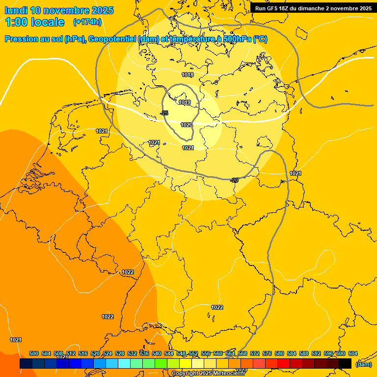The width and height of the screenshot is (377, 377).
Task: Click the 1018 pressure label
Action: pyautogui.click(x=188, y=75)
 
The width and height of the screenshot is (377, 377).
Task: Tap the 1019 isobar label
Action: pyautogui.click(x=185, y=103)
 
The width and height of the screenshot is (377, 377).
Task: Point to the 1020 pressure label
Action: pyautogui.click(x=186, y=125)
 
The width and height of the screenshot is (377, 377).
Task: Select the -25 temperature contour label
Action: pyautogui.click(x=164, y=113)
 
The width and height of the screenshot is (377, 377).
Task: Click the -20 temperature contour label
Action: pyautogui.click(x=234, y=180)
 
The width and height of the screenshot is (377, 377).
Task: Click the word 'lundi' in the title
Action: pyautogui.click(x=16, y=10)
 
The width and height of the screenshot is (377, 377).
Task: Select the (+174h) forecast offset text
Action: pyautogui.click(x=87, y=22)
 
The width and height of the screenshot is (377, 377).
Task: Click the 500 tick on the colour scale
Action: pyautogui.click(x=34, y=353)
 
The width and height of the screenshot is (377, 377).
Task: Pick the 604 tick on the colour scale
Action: pyautogui.click(x=352, y=353)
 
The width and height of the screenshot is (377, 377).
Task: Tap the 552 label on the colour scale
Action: pyautogui.click(x=193, y=353)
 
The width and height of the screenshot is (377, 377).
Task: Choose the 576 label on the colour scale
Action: pyautogui.click(x=267, y=353)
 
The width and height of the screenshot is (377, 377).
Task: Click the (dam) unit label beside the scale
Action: pyautogui.click(x=363, y=364)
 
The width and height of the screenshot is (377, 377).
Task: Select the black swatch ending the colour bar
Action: pyautogui.click(x=345, y=364)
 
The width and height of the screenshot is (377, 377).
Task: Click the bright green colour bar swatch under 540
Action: pyautogui.click(x=161, y=364)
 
